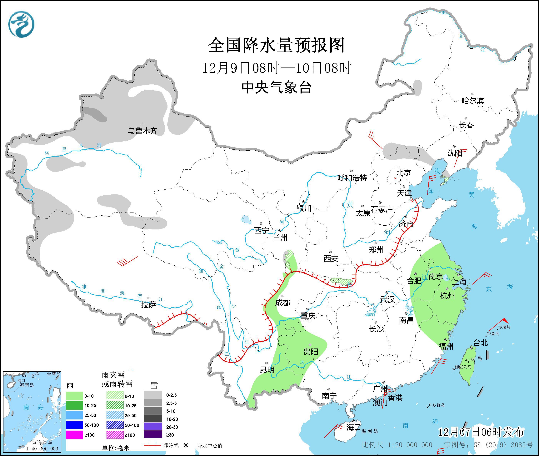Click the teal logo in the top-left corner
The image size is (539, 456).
click(x=21, y=24)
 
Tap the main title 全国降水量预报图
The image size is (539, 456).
click(x=276, y=45)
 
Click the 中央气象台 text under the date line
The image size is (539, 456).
click(x=276, y=87)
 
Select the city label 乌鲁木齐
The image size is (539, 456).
click(x=142, y=131)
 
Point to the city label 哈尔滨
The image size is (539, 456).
click(x=472, y=101)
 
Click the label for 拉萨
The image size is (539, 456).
click(x=149, y=305)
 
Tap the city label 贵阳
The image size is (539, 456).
click(x=311, y=352)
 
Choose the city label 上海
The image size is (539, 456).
click(x=459, y=282)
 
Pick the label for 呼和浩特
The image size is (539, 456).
click(x=352, y=178)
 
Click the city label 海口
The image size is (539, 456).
click(x=353, y=427)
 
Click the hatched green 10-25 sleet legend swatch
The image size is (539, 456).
click(x=115, y=406)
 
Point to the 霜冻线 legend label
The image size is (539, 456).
click(x=171, y=445)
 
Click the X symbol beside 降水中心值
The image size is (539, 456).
click(x=186, y=445)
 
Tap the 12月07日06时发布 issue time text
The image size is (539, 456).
click(x=481, y=432)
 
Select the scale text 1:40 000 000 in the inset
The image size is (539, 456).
click(x=42, y=449)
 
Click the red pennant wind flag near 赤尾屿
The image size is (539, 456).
click(x=505, y=321)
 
